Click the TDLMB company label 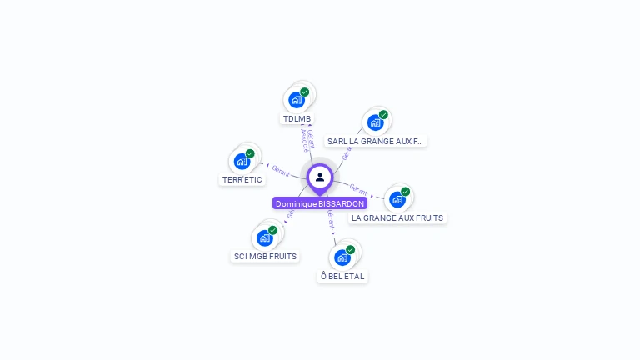[x=297, y=118]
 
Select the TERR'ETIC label [x=242, y=179]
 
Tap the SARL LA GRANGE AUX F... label [x=375, y=141]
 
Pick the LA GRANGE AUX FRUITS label [x=397, y=217]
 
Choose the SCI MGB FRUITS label [x=265, y=256]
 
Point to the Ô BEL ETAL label [x=342, y=276]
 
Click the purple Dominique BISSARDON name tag [x=320, y=203]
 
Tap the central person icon [x=320, y=177]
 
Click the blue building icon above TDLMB [x=296, y=100]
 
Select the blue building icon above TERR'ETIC [x=242, y=162]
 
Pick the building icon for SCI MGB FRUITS [x=264, y=237]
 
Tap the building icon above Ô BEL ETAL [x=342, y=257]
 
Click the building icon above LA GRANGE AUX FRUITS [x=397, y=199]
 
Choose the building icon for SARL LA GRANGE [x=375, y=122]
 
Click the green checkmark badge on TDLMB [x=305, y=92]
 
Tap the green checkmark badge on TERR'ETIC [x=250, y=153]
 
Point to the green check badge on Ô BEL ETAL [x=351, y=249]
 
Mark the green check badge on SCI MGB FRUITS [x=272, y=230]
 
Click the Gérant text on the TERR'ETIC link [x=281, y=172]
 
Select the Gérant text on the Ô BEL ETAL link [x=331, y=218]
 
